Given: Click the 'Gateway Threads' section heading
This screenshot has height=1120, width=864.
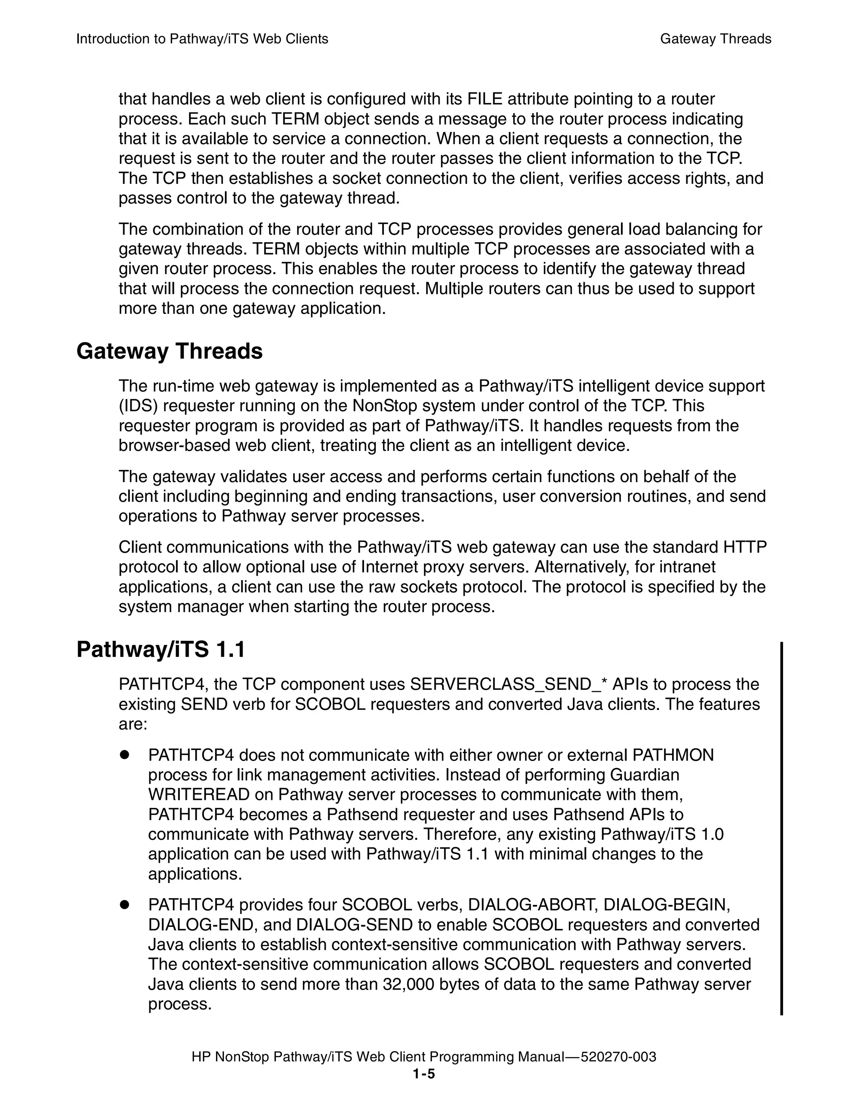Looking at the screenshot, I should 169,352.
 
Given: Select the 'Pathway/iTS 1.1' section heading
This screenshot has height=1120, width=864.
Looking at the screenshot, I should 160,650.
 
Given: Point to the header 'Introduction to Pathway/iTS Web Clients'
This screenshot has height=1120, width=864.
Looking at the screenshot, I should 202,39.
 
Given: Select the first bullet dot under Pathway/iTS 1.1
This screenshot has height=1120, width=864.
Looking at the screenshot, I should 124,755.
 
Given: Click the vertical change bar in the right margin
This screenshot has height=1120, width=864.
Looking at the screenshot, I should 781,828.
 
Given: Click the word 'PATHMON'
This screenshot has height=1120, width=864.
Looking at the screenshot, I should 673,755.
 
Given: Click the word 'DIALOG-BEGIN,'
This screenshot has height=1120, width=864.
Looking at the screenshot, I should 667,904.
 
